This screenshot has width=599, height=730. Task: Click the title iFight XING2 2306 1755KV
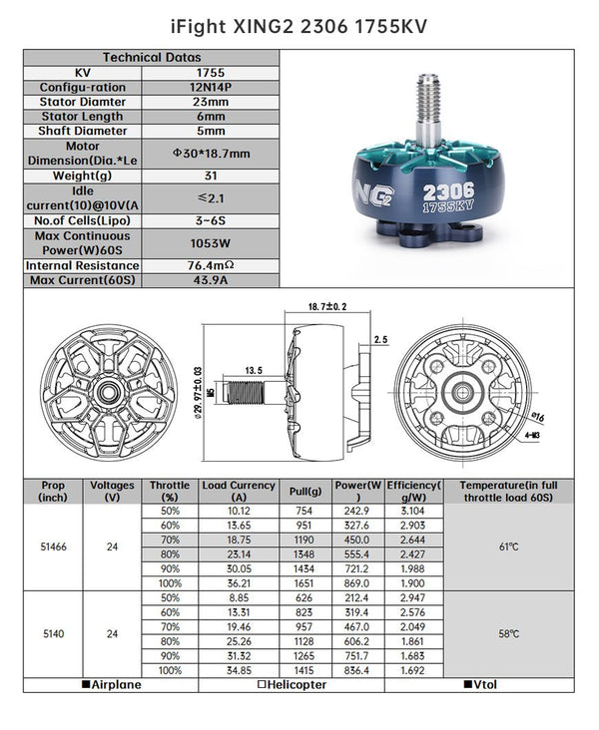pos(299,23)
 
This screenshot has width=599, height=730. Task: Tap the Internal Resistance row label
pos(82,266)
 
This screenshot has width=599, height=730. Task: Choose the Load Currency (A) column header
pos(239,491)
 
